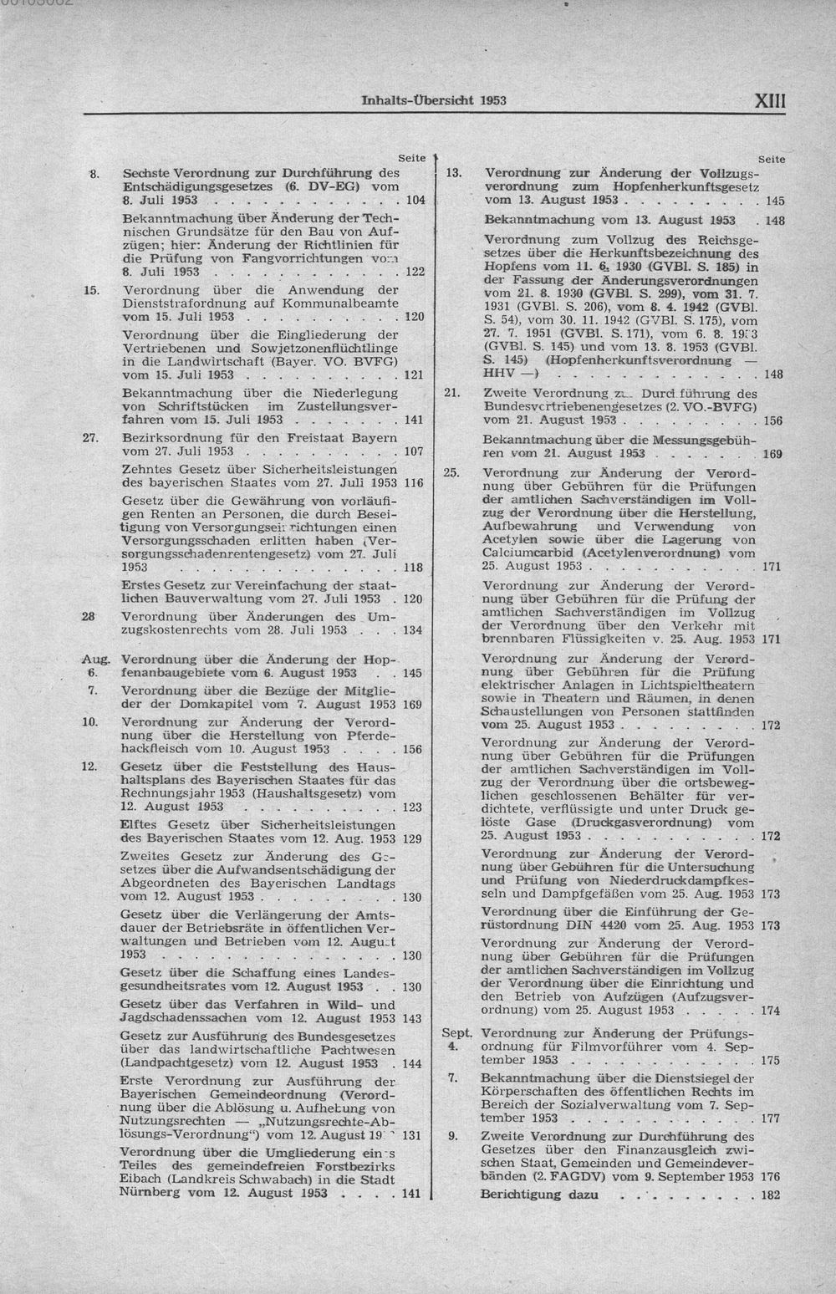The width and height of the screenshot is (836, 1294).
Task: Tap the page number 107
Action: pos(413,452)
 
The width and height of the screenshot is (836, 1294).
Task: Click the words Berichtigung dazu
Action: pos(539,1195)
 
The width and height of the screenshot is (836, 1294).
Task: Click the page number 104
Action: pos(413,201)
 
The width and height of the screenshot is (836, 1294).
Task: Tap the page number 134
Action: pos(413,631)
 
